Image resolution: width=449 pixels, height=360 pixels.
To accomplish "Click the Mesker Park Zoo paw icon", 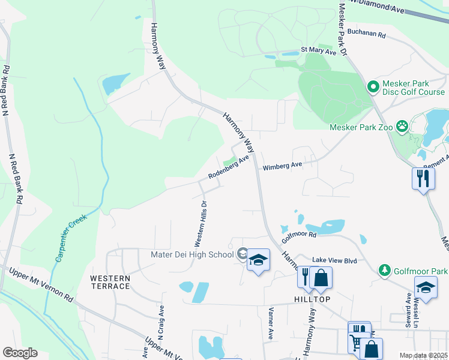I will pos(402,127).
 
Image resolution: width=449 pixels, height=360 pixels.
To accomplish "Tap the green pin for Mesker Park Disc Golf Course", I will pos(373,88).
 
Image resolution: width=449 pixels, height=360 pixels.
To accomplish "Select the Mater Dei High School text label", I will pos(191,254).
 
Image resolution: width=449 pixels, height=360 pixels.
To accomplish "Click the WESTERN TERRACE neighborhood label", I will pos(110,282).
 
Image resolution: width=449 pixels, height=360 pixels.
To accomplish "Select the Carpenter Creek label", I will pos(71,238).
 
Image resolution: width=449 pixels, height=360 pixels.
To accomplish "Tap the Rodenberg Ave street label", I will pos(228,168).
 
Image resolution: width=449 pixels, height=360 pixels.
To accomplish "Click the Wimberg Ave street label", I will pos(282,165).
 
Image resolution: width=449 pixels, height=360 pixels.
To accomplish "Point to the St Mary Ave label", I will pos(319,51).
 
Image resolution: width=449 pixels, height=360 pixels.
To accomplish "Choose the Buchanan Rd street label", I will pos(366,34).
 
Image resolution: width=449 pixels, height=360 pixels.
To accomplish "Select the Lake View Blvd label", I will pos(330,260).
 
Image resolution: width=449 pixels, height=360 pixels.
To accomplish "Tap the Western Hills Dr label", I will pos(200,224).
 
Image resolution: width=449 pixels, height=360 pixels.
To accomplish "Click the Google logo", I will pos(20,353).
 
